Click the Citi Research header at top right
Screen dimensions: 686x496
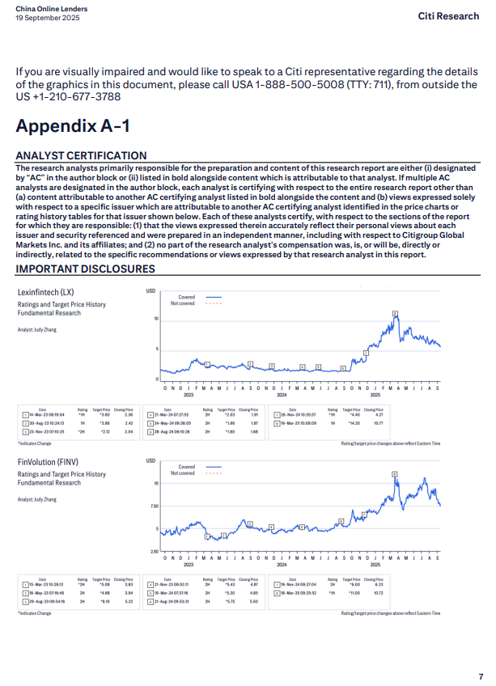pos(448,16)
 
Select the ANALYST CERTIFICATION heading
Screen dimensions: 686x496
pos(81,155)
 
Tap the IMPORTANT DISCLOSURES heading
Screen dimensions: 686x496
pos(85,269)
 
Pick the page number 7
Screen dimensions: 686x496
pos(480,675)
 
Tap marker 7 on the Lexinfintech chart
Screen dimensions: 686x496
pos(366,353)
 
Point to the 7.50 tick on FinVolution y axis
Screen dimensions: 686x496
pos(152,506)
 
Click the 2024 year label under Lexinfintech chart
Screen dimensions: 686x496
pos(282,396)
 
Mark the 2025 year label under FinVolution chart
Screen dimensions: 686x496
pos(375,565)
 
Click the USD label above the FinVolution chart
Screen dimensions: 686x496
pos(150,460)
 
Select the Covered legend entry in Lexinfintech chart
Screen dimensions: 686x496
pos(187,298)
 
